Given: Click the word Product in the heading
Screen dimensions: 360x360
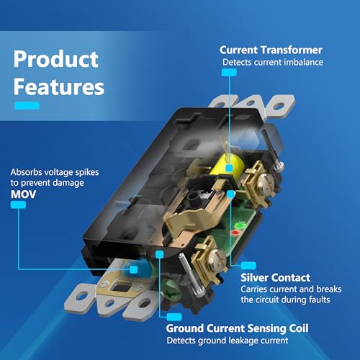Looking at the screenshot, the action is point(55,60).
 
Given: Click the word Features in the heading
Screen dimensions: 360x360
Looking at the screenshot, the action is point(59,86).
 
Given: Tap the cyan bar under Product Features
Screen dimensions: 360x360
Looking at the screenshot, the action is point(27,106).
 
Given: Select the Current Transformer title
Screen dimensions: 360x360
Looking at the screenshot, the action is point(271,50).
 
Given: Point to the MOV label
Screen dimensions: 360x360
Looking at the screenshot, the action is point(23,194).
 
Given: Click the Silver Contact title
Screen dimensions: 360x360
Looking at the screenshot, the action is point(275,278).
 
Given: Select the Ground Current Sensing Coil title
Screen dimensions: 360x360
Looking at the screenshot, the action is point(237,328).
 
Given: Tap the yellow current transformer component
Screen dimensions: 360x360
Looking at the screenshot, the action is point(227,166).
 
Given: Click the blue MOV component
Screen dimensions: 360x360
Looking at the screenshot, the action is point(137,268).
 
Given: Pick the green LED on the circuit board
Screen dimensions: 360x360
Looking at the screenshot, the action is point(240,226).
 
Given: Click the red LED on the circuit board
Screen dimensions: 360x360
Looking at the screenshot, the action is point(235,233).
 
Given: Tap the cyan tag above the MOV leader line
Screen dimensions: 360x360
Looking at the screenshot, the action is point(18,204).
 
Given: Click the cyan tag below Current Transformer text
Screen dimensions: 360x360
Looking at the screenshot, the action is point(229,73).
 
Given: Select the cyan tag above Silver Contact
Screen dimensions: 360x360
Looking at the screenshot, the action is point(248,266).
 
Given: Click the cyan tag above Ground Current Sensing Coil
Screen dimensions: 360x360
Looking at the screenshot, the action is point(174,317).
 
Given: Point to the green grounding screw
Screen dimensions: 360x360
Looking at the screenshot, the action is point(170,289).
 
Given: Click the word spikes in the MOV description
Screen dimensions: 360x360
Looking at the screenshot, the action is point(87,172).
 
